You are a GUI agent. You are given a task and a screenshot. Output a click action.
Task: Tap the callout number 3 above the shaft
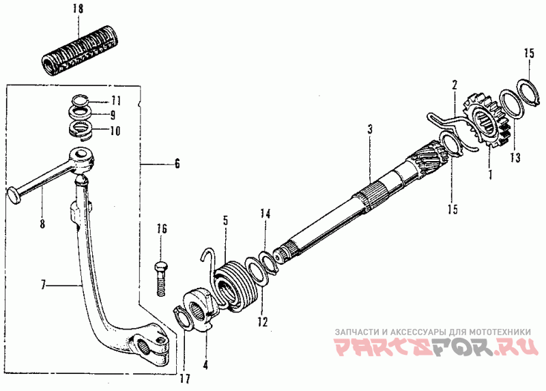[x=369, y=128]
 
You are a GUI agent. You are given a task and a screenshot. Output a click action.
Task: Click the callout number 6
[x=177, y=164]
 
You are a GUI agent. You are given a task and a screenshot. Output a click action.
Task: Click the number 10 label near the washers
[x=115, y=129]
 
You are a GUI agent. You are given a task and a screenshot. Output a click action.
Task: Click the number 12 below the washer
[x=263, y=320]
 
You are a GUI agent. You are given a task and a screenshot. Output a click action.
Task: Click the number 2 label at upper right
[x=452, y=85]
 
